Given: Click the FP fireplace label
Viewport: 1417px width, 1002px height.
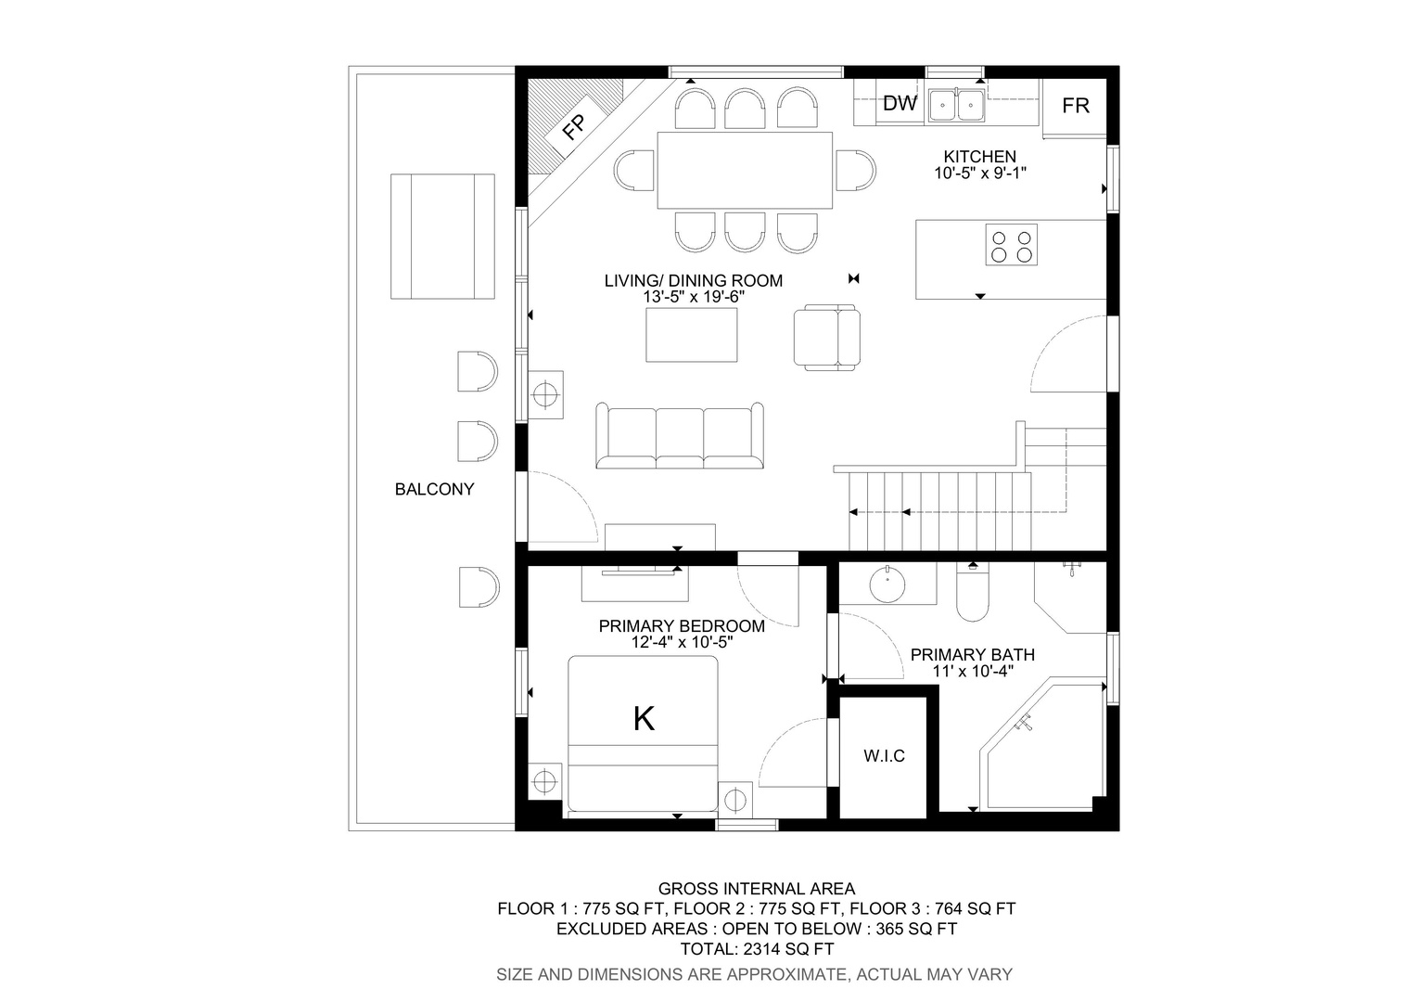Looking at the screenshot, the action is click(575, 126).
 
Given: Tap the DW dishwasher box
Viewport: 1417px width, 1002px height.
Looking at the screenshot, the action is click(900, 103).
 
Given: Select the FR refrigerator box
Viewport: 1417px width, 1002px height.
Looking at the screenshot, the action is click(1075, 106).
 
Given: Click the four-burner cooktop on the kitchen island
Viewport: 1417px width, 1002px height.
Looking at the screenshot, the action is click(1011, 244).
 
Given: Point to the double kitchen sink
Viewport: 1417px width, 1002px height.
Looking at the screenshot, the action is click(956, 105).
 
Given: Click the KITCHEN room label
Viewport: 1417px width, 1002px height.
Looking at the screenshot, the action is click(980, 157).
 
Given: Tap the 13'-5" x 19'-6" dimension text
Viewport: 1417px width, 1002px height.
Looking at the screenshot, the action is click(694, 297).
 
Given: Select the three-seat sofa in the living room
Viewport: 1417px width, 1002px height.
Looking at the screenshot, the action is click(680, 435).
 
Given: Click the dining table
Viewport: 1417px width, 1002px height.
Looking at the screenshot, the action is click(745, 171).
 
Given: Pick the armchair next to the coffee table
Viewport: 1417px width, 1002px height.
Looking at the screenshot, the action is click(827, 337).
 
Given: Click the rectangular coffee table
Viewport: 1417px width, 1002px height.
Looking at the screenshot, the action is click(692, 335).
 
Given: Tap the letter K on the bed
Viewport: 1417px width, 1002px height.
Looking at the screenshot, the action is click(644, 719).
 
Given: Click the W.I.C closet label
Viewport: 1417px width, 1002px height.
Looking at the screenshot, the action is click(884, 756).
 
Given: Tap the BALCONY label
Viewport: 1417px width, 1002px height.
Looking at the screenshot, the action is click(434, 489).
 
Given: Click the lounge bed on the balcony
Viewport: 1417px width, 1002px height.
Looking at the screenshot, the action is click(443, 236).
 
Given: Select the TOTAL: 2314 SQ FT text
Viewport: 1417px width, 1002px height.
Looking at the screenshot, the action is click(757, 949).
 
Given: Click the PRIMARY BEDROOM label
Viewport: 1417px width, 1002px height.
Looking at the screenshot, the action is click(682, 626).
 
